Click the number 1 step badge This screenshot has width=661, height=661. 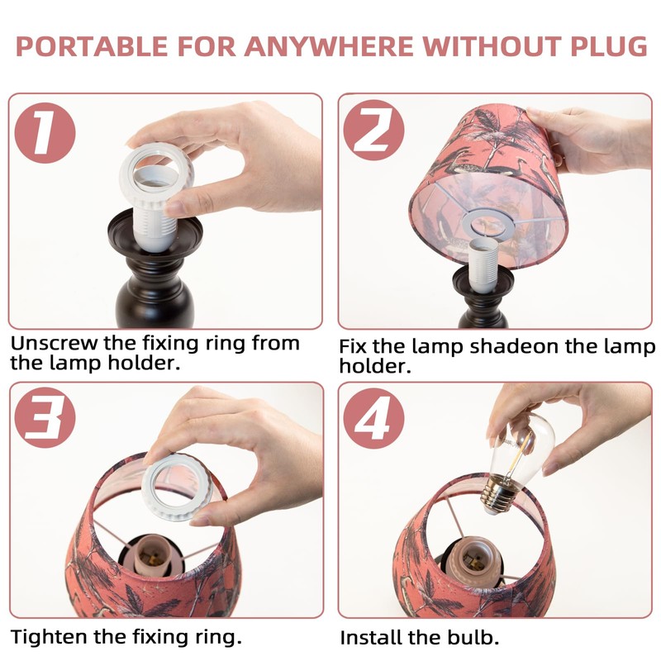click(x=45, y=133)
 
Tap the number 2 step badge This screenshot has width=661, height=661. click(x=373, y=131)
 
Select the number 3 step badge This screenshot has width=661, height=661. click(x=45, y=417)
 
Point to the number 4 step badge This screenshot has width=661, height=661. click(x=373, y=418)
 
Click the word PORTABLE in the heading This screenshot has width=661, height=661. click(x=92, y=46)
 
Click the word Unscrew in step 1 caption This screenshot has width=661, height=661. click(x=54, y=344)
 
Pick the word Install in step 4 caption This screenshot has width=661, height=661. click(x=368, y=638)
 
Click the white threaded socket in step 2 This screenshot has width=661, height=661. click(x=483, y=265)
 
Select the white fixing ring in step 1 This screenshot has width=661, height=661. click(x=156, y=174)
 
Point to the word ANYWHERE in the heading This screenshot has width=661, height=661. click(x=329, y=46)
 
